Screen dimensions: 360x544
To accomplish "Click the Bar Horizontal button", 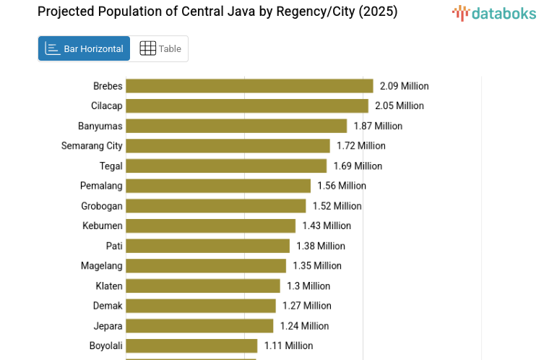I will coord(84,48).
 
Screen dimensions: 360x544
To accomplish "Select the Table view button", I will coord(160,48).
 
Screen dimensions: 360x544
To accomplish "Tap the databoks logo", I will coord(493,13).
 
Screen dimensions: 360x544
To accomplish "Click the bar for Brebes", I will coord(249,86).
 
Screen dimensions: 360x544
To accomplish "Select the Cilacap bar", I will coord(247,106).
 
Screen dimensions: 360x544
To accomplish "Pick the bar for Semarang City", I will coord(228,145).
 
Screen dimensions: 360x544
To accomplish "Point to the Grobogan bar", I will coord(216,206).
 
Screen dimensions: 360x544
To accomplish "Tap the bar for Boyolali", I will coord(191,346).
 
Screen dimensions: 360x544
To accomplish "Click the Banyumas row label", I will coord(100,126).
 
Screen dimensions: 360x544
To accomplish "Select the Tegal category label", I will coord(111,166).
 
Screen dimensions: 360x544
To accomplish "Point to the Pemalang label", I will coord(101,186).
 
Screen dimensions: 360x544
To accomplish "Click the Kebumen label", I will coord(103,226).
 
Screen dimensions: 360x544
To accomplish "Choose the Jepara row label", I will coord(108,325).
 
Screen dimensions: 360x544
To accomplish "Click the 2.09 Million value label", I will coord(404,86).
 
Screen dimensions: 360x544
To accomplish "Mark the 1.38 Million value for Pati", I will coord(321,246).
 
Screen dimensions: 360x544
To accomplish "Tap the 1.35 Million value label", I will coord(317,265).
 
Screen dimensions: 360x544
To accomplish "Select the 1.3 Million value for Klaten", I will coord(308,286).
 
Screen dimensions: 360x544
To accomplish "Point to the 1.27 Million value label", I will coord(307,306).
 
